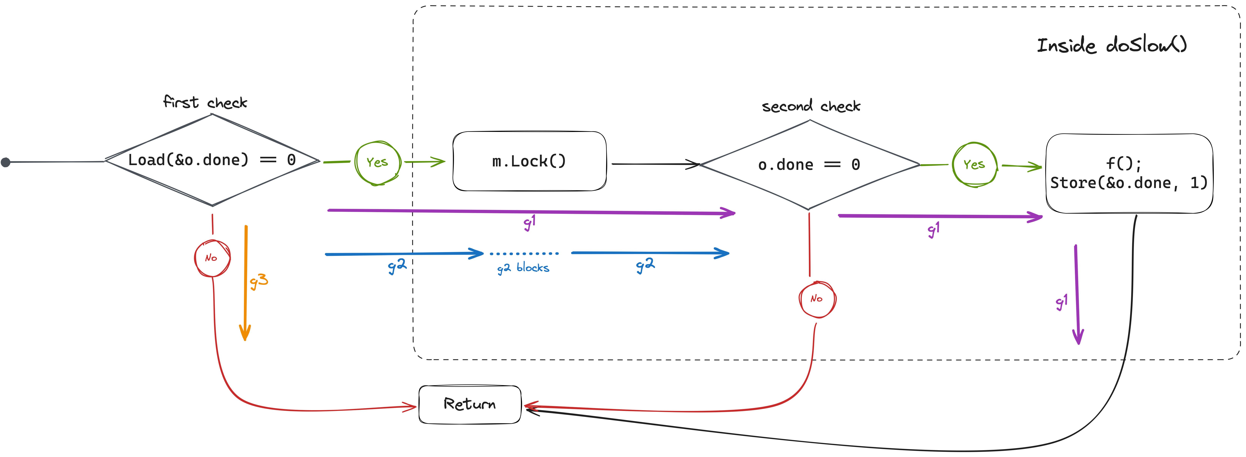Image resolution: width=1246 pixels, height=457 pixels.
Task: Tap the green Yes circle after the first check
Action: click(x=377, y=163)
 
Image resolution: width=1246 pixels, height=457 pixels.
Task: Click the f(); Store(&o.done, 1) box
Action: click(x=1129, y=173)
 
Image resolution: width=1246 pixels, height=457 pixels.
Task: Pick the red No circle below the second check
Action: click(x=817, y=299)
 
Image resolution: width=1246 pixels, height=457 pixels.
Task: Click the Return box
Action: click(x=470, y=404)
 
